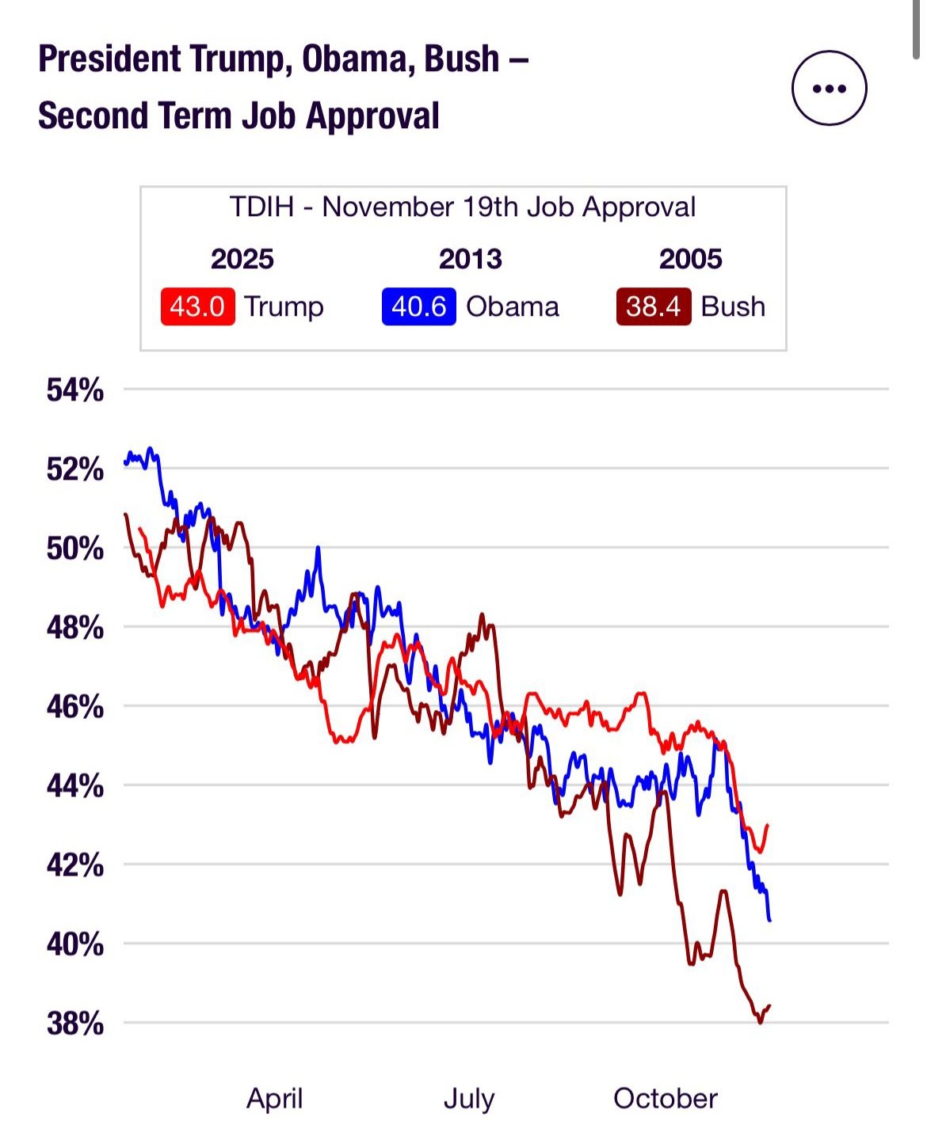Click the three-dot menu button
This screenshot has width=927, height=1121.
click(x=829, y=88)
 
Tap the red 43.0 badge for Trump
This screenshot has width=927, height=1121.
click(x=197, y=306)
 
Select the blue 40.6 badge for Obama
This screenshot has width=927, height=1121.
click(x=418, y=306)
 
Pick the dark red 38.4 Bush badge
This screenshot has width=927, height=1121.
click(x=653, y=306)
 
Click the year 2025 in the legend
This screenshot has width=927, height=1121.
click(x=242, y=259)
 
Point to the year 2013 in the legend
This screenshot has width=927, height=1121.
click(x=470, y=259)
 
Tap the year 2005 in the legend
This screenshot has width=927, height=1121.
click(x=690, y=259)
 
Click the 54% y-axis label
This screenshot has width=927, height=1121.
click(x=75, y=389)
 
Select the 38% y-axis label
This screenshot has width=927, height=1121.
click(x=75, y=1023)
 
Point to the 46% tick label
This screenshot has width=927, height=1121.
click(x=75, y=706)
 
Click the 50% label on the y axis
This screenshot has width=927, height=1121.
click(x=75, y=548)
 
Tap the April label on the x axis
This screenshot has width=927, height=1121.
click(x=275, y=1098)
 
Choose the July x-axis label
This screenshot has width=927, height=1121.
click(x=469, y=1098)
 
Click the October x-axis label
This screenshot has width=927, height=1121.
click(x=666, y=1098)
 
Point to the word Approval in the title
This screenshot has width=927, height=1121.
click(x=372, y=116)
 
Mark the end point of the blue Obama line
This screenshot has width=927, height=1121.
click(x=769, y=920)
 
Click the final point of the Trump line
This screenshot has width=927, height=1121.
click(x=767, y=825)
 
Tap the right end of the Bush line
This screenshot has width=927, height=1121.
click(x=769, y=1005)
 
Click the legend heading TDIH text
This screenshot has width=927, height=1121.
click(x=261, y=207)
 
